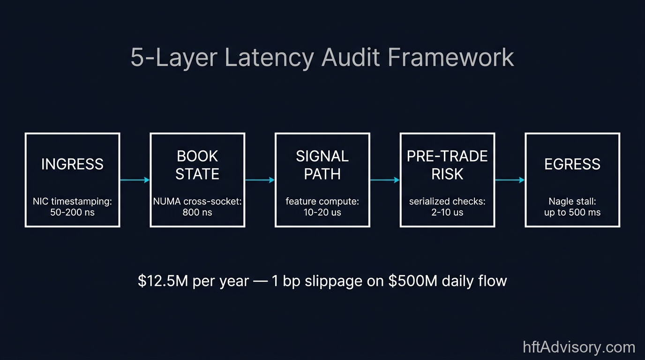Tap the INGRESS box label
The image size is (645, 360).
coord(72,164)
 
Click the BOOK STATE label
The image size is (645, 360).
coord(197,165)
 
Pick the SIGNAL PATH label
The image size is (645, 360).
coord(322,165)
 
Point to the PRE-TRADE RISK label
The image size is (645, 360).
coord(447,165)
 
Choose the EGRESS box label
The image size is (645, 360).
coord(572,164)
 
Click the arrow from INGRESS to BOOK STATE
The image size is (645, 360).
coord(135,180)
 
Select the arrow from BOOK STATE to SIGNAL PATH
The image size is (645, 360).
coord(260,180)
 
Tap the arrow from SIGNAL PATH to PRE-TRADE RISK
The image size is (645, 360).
coord(385,180)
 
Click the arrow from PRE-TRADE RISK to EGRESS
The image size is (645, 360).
coord(510,180)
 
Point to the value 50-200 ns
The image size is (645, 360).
coord(72,212)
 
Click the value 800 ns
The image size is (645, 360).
coord(197,212)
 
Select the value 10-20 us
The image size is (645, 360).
coord(322,212)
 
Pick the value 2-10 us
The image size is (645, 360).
coord(447,212)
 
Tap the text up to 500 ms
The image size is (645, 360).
coord(572,212)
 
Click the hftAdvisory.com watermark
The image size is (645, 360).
coord(579,347)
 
